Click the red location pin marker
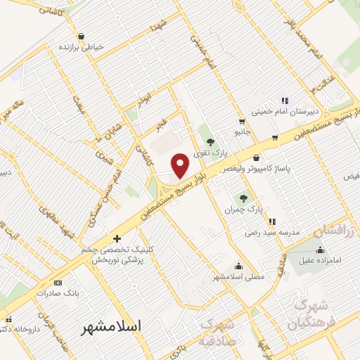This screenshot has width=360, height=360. coord(181,165)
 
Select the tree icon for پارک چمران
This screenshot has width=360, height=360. coord(244,198)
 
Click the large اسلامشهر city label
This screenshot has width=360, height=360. coord(111,327)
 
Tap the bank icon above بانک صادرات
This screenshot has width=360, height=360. coord(58,283)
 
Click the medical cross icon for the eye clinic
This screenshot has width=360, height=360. coord(117,239)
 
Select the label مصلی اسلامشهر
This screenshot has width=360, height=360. coord(238,277)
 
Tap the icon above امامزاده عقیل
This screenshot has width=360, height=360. coord(321,250)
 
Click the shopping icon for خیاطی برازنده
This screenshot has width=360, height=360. coord(82,37)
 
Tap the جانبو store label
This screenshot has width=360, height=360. coord(241,131)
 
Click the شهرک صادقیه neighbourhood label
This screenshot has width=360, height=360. coord(219,333)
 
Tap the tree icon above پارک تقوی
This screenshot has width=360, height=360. coord(210,142)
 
